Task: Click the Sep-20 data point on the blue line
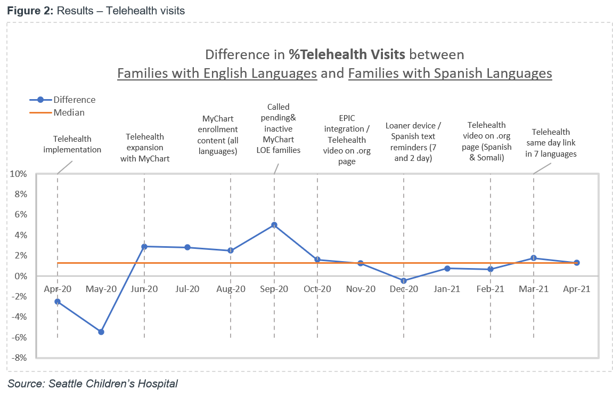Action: pos(274,225)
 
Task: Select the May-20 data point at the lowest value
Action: pos(101,332)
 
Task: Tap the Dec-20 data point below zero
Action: pos(404,281)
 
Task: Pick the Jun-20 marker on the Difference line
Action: pos(144,246)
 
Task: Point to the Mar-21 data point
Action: pos(534,258)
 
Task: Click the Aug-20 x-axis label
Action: pos(231,289)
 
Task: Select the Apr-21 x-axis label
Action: pos(577,289)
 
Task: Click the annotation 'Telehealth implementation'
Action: pos(72,144)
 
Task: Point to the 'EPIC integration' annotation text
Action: pos(347,140)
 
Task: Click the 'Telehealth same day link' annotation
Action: pos(551,143)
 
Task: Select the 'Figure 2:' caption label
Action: pos(28,10)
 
